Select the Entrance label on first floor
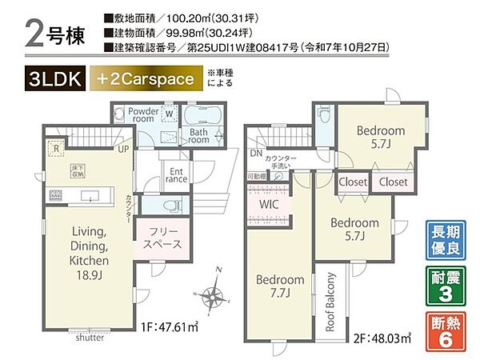(x=176, y=174)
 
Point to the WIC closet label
(x=267, y=204)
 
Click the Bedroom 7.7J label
(x=279, y=286)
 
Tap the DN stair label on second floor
(x=254, y=153)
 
